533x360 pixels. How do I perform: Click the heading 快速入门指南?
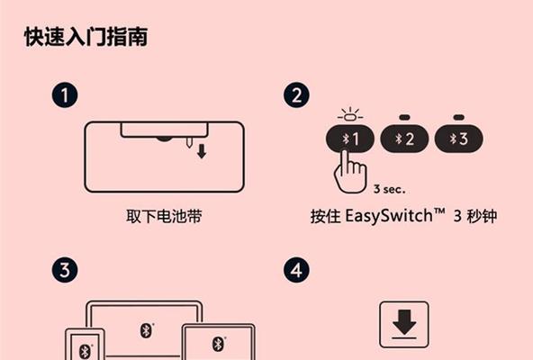(86, 37)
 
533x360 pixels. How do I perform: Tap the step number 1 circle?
(65, 95)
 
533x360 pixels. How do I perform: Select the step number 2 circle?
(296, 95)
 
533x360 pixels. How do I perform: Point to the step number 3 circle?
(65, 270)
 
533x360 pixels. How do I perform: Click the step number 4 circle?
(296, 270)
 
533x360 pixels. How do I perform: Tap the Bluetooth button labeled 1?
(350, 139)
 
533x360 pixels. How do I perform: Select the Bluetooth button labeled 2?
(404, 139)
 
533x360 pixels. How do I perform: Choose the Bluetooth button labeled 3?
(459, 139)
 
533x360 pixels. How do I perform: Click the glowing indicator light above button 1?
(350, 115)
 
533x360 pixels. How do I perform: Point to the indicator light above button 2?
(404, 117)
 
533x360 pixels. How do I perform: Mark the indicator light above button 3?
(459, 117)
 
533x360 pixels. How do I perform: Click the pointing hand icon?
(350, 172)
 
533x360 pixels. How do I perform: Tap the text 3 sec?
(390, 189)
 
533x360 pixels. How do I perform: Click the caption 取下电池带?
(164, 216)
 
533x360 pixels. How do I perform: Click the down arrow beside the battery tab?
(202, 151)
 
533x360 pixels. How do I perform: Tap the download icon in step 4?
(404, 325)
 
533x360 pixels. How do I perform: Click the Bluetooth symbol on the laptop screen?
(146, 330)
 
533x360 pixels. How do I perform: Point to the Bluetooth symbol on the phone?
(85, 352)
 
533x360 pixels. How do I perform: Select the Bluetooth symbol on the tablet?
(218, 345)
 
